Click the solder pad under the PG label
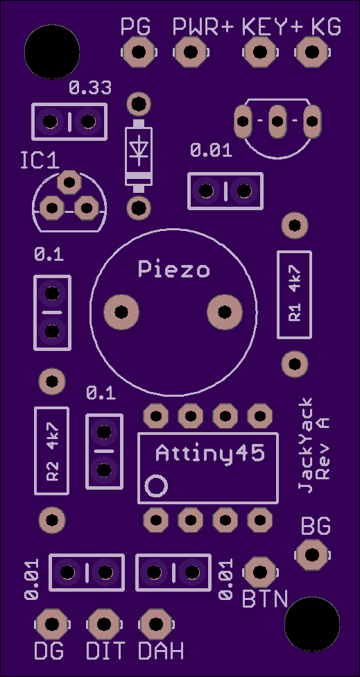point(138,52)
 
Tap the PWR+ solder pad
point(190,52)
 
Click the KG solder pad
point(311,52)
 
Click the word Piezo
point(174,269)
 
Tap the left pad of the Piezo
point(121,311)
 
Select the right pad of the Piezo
point(225,311)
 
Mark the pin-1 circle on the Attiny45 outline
point(156,486)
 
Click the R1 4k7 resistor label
point(294,295)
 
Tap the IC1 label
point(40,161)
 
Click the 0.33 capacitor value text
point(90,88)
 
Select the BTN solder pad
point(260,572)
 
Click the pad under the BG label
point(311,555)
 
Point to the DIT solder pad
point(103,624)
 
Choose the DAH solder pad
point(155,624)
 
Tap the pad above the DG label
point(52,624)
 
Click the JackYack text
point(307,445)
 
